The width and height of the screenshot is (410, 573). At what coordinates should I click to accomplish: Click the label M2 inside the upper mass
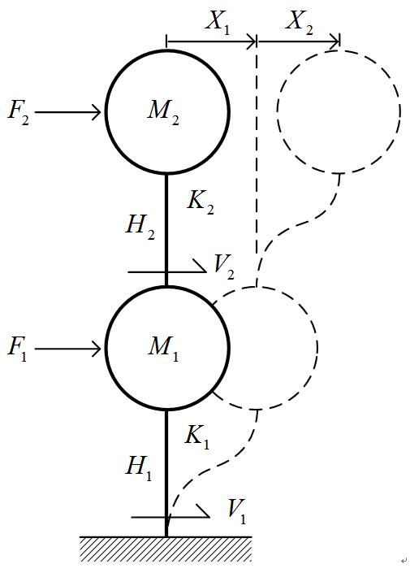(x=163, y=111)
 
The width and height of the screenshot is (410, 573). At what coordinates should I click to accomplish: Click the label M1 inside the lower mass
(x=163, y=348)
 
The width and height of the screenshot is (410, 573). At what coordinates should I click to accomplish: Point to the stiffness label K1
(x=197, y=437)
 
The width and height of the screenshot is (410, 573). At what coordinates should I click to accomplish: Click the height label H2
(x=140, y=227)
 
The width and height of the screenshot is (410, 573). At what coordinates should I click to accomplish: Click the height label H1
(x=138, y=468)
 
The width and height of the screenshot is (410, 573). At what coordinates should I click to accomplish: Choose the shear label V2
(x=223, y=267)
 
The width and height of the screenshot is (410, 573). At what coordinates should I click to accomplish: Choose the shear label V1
(x=236, y=511)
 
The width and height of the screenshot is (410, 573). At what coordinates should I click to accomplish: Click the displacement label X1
(x=218, y=22)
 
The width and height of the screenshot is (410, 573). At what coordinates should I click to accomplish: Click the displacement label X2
(x=300, y=22)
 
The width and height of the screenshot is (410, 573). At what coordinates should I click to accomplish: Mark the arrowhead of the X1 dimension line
(x=252, y=41)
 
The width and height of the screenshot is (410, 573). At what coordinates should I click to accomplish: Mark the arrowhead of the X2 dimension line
(x=335, y=41)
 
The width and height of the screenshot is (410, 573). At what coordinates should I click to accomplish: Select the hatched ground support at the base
(x=166, y=549)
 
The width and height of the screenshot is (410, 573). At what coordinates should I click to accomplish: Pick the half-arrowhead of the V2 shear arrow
(x=200, y=267)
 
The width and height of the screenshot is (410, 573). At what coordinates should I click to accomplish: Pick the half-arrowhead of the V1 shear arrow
(x=203, y=511)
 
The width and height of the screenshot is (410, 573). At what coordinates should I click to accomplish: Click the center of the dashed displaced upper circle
(x=339, y=111)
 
